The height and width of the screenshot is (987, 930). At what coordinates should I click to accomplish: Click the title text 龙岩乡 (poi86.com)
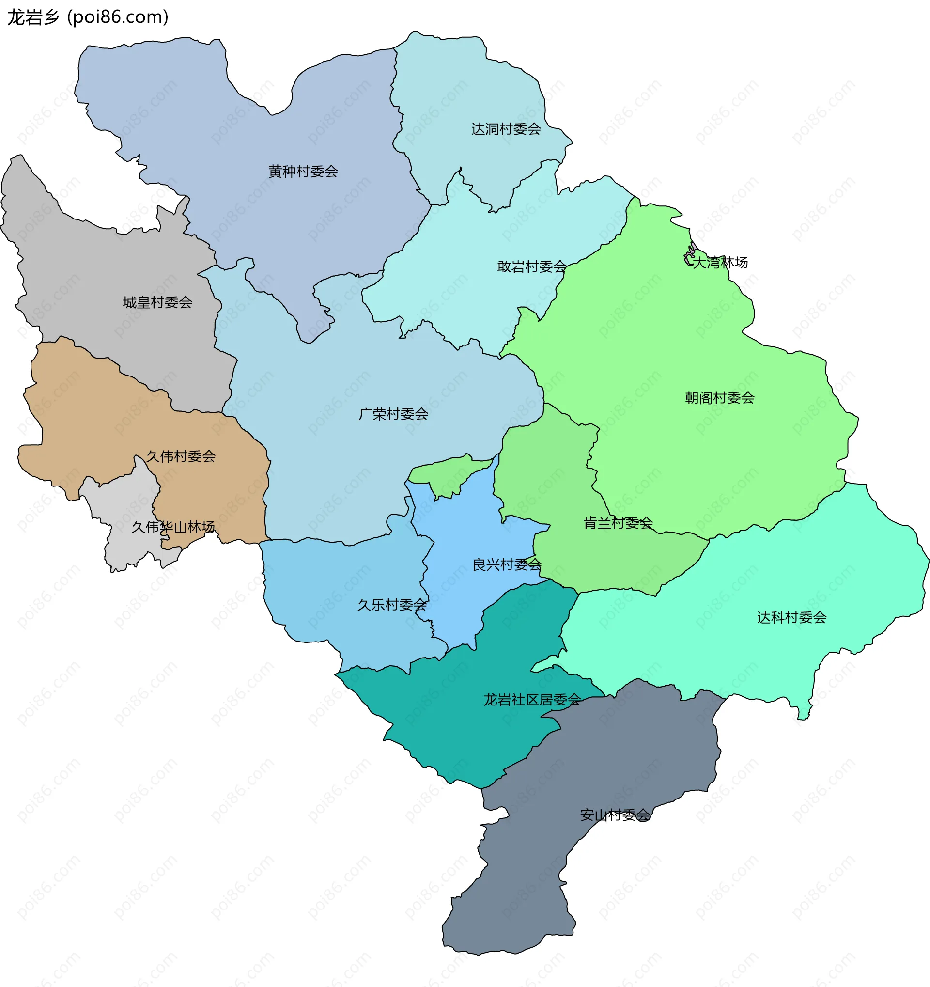[x=88, y=17]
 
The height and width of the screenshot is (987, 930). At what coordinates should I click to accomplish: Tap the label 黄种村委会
[x=303, y=172]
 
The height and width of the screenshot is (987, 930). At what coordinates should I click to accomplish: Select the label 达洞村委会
[x=506, y=129]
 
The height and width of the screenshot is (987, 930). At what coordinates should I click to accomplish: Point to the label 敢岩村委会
[x=531, y=267]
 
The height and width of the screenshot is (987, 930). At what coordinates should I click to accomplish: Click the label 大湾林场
[x=720, y=263]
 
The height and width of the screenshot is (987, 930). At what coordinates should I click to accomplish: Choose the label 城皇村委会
[x=157, y=303]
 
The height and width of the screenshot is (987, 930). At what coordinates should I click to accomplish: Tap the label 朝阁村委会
[x=719, y=398]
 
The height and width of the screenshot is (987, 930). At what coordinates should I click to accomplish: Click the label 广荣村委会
[x=393, y=415]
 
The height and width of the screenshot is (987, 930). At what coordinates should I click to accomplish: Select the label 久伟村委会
[x=181, y=457]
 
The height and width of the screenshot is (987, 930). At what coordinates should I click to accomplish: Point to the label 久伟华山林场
[x=173, y=527]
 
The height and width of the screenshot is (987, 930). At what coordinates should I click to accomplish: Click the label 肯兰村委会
[x=618, y=523]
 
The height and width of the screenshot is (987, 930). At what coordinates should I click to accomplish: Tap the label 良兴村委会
[x=507, y=565]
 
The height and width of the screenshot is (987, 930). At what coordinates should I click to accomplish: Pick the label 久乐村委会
[x=392, y=605]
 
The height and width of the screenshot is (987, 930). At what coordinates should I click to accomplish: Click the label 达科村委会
[x=791, y=618]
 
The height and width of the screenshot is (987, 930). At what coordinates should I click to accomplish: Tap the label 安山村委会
[x=614, y=815]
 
